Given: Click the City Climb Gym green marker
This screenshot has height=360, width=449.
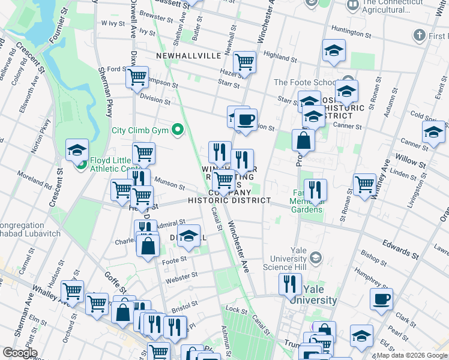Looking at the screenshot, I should click(x=177, y=130).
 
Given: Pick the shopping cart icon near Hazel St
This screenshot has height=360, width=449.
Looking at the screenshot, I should click(x=244, y=62).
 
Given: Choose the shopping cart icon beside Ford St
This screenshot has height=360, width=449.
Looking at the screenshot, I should click(x=137, y=77).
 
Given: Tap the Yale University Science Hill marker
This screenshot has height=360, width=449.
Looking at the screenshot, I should click(x=316, y=257).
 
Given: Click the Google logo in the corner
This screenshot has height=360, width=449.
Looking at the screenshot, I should click(x=20, y=353).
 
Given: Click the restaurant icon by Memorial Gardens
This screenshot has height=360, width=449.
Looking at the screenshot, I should click(x=315, y=190).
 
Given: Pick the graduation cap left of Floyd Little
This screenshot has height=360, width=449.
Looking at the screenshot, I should click(x=77, y=150).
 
